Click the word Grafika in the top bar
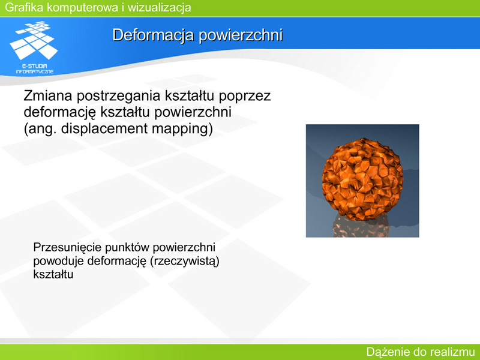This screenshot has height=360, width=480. click(24, 7)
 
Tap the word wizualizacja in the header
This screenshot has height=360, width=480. click(159, 7)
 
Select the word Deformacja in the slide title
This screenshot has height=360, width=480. click(154, 35)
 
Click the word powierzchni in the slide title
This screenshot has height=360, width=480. click(241, 35)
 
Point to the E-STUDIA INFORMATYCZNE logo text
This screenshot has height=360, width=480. click(35, 68)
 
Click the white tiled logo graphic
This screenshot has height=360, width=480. click(34, 40)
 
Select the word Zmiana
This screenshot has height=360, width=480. click(48, 95)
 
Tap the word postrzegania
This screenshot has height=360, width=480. click(118, 97)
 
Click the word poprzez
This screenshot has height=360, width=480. click(245, 97)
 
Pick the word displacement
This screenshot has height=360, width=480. click(104, 129)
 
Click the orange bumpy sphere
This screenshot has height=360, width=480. click(362, 178)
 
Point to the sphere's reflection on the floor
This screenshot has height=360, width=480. click(361, 226)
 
